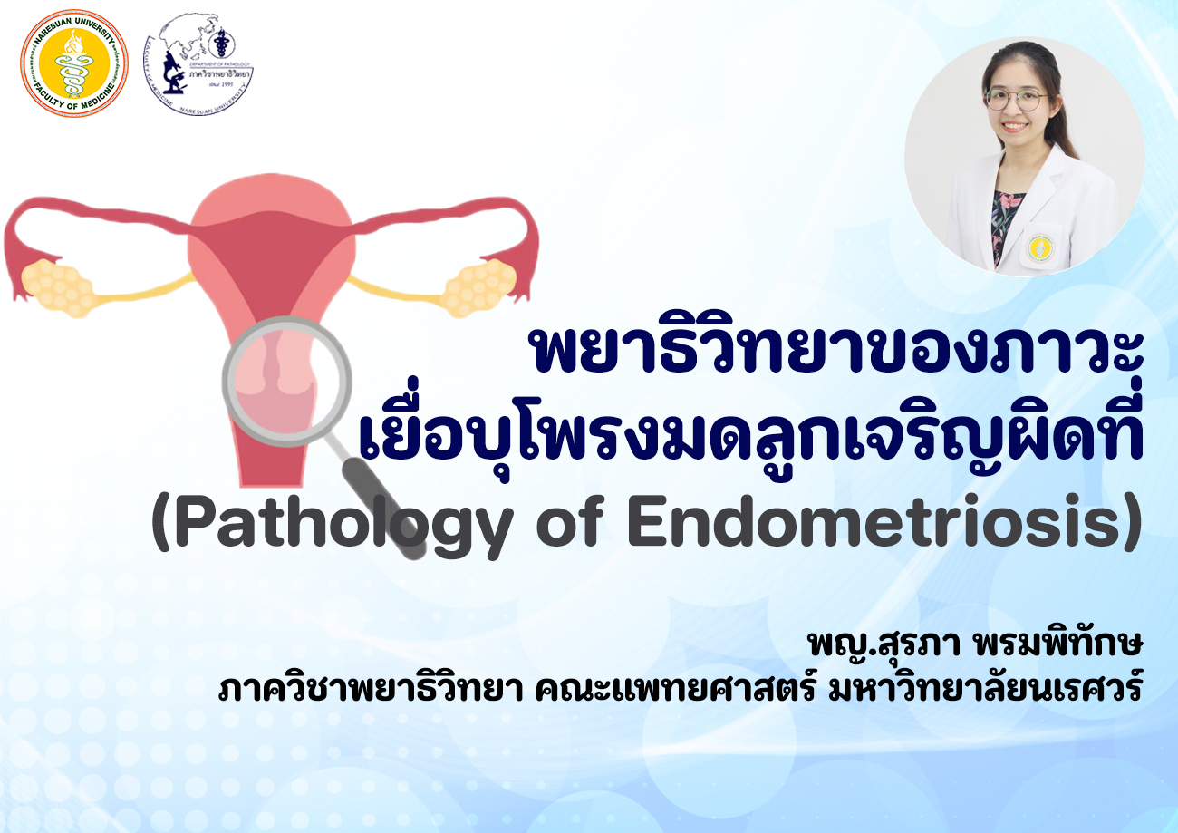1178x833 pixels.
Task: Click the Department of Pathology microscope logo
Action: pos(200,66)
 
